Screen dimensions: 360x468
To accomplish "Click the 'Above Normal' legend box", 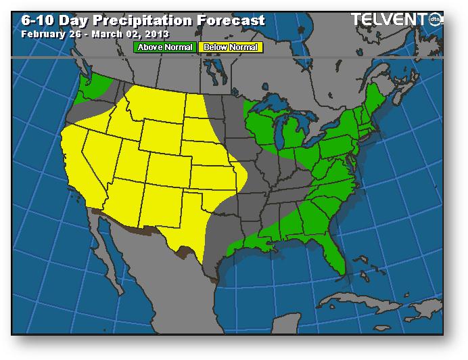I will (x=165, y=47).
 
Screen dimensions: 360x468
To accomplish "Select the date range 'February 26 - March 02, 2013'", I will (x=95, y=33).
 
